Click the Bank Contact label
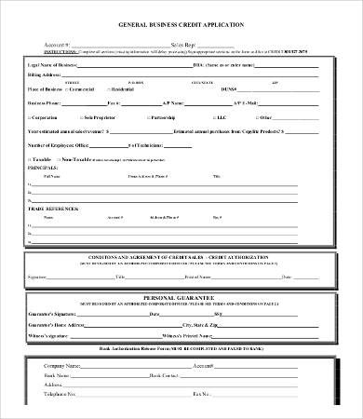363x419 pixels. click(x=163, y=375)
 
